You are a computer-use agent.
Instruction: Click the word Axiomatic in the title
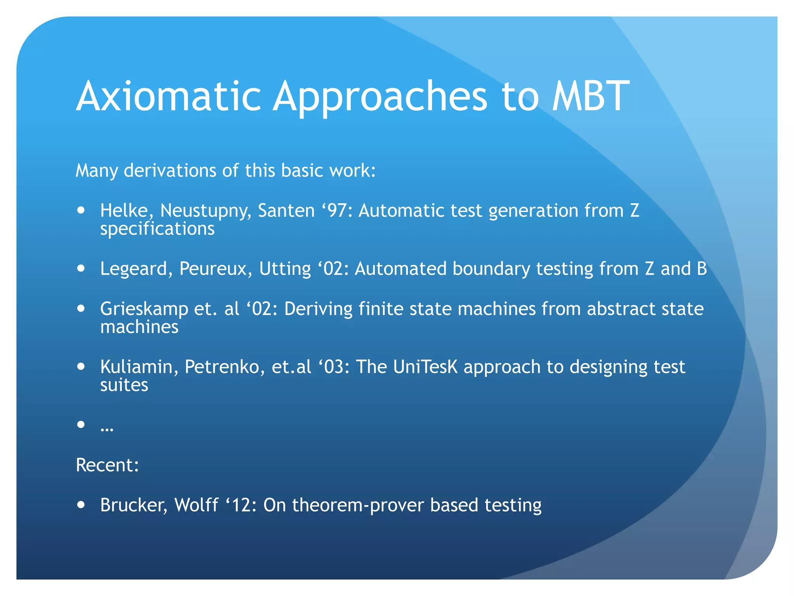click(169, 96)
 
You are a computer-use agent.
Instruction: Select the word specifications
click(157, 229)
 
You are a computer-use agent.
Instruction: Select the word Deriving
click(318, 309)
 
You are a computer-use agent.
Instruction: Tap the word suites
click(124, 385)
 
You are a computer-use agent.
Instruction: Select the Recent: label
click(107, 465)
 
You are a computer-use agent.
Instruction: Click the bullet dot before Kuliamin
click(81, 366)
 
